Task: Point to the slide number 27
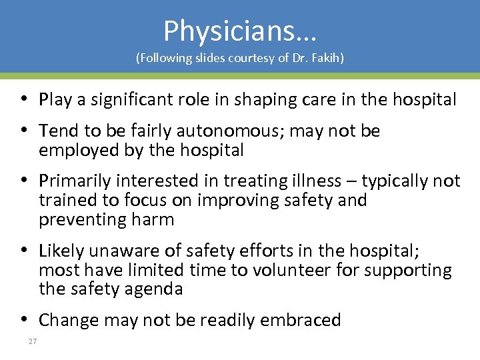[32, 342]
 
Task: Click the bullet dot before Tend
[23, 131]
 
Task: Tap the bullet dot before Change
[23, 320]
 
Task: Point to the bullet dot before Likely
[23, 251]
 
